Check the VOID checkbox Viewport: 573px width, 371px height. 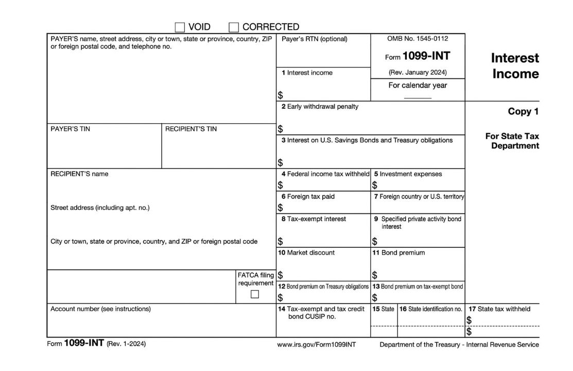[x=180, y=27]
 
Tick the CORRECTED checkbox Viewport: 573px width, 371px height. [x=234, y=27]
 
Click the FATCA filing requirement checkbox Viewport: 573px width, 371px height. [x=254, y=294]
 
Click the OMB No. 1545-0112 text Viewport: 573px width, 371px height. [x=418, y=39]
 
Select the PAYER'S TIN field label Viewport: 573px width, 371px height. [x=70, y=129]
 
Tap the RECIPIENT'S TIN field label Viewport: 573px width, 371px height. [x=190, y=129]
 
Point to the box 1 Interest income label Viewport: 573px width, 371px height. [x=307, y=73]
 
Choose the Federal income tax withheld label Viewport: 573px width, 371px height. [x=325, y=174]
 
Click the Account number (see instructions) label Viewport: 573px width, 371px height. [x=100, y=309]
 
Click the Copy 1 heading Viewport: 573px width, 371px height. [x=523, y=111]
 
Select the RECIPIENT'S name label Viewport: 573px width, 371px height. [x=79, y=174]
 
